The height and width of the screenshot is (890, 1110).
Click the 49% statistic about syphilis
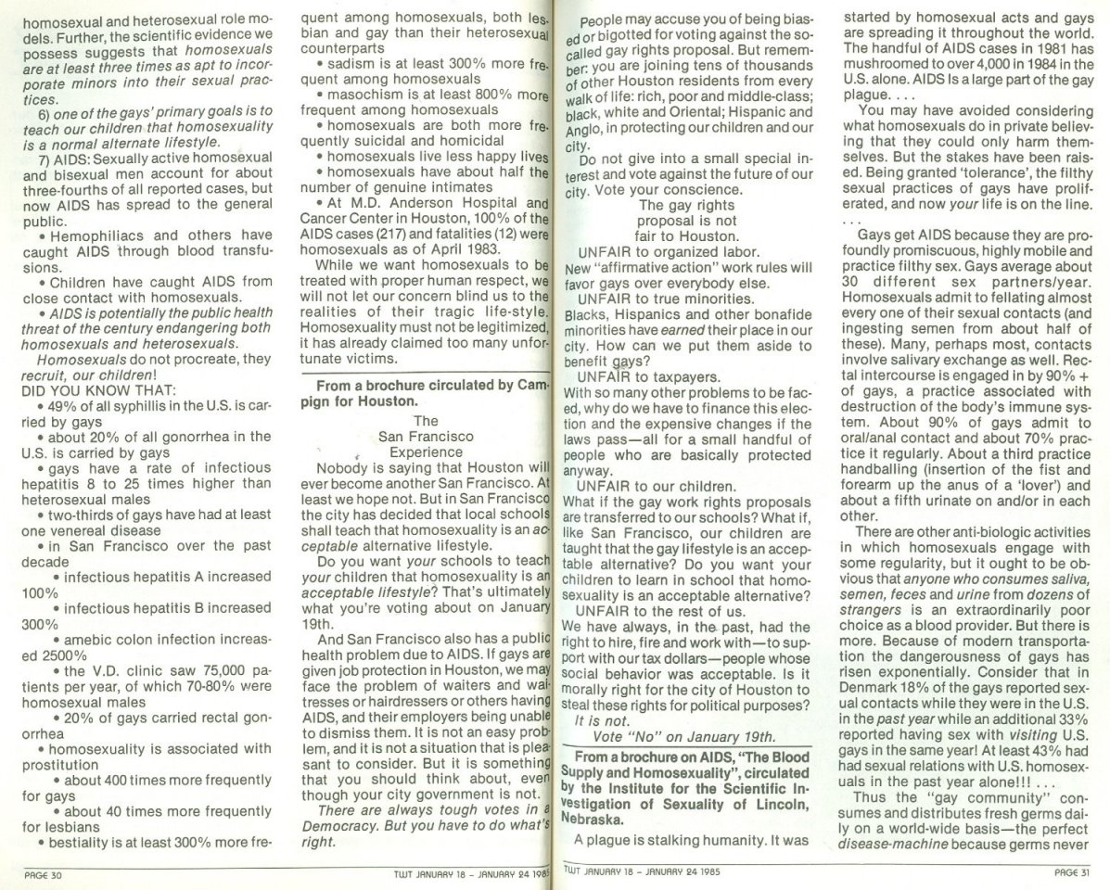tap(58, 405)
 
